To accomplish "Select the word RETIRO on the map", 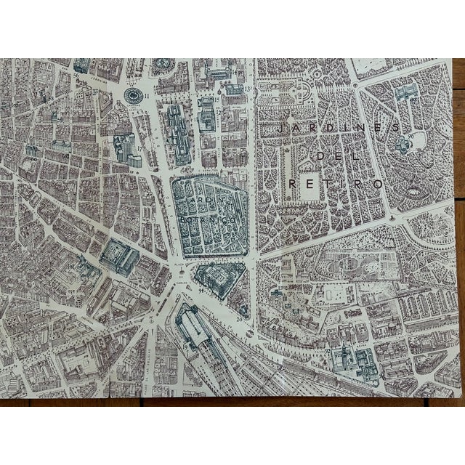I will [336, 185].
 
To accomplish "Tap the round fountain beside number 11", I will [132, 95].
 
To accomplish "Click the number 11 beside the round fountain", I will [147, 95].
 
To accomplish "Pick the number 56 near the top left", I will [76, 73].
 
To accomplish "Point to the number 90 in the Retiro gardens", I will [411, 136].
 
